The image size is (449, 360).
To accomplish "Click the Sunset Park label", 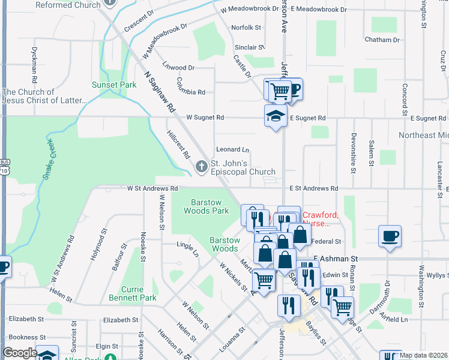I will [114, 85].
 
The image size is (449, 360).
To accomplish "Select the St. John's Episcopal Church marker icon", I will [202, 165].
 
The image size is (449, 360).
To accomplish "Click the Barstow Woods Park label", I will [209, 206].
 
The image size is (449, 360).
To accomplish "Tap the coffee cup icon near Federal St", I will [390, 236].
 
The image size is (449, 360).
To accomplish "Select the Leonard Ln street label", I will [232, 149].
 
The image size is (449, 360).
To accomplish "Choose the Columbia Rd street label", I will [191, 92].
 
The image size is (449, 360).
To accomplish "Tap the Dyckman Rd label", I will [35, 64].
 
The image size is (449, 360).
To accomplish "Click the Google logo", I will [20, 353].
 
